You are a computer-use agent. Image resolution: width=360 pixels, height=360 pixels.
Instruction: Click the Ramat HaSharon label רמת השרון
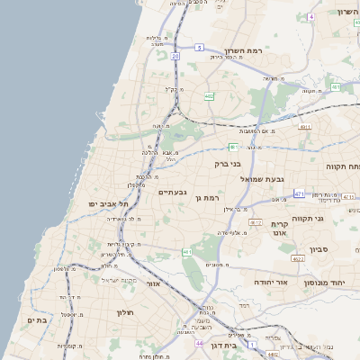[245, 51]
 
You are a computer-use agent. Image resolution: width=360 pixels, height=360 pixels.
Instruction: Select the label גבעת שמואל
[262, 179]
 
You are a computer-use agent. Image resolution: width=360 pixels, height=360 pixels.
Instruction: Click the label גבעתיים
[172, 192]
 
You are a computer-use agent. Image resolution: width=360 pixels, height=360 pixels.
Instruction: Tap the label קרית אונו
[279, 229]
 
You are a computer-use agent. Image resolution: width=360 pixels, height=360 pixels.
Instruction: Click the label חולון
[124, 312]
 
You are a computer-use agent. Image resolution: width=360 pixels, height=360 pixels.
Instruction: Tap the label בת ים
[37, 320]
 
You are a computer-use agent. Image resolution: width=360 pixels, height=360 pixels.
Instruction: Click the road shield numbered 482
[209, 95]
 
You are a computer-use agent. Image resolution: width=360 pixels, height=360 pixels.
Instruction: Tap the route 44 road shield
[198, 343]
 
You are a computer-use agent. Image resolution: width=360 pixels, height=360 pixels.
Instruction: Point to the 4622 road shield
[298, 259]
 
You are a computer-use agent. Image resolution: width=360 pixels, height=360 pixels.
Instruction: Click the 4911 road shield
[305, 127]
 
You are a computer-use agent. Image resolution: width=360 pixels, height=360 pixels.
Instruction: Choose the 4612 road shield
[256, 222]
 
